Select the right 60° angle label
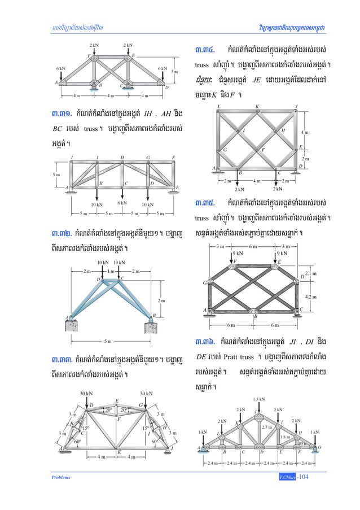(155, 442)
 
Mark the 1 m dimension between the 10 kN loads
(111, 272)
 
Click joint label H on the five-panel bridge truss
(122, 157)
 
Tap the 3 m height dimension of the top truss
(174, 71)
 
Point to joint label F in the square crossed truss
(262, 149)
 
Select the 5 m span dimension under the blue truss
(108, 341)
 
